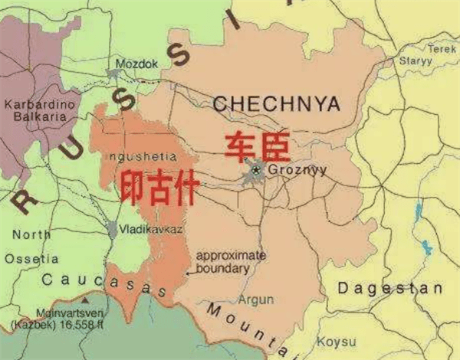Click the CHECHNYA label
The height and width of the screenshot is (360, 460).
click(277, 103)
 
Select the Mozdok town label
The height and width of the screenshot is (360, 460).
click(137, 64)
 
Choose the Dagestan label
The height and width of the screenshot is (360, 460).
click(390, 289)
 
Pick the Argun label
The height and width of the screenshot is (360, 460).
click(255, 299)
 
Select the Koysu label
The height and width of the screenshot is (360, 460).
click(338, 341)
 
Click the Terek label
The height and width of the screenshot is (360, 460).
click(442, 48)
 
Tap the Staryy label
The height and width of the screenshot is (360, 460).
click(416, 61)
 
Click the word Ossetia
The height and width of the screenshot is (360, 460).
click(31, 259)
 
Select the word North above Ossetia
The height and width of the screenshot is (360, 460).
click(31, 234)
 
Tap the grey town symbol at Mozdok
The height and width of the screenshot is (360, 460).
click(114, 74)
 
